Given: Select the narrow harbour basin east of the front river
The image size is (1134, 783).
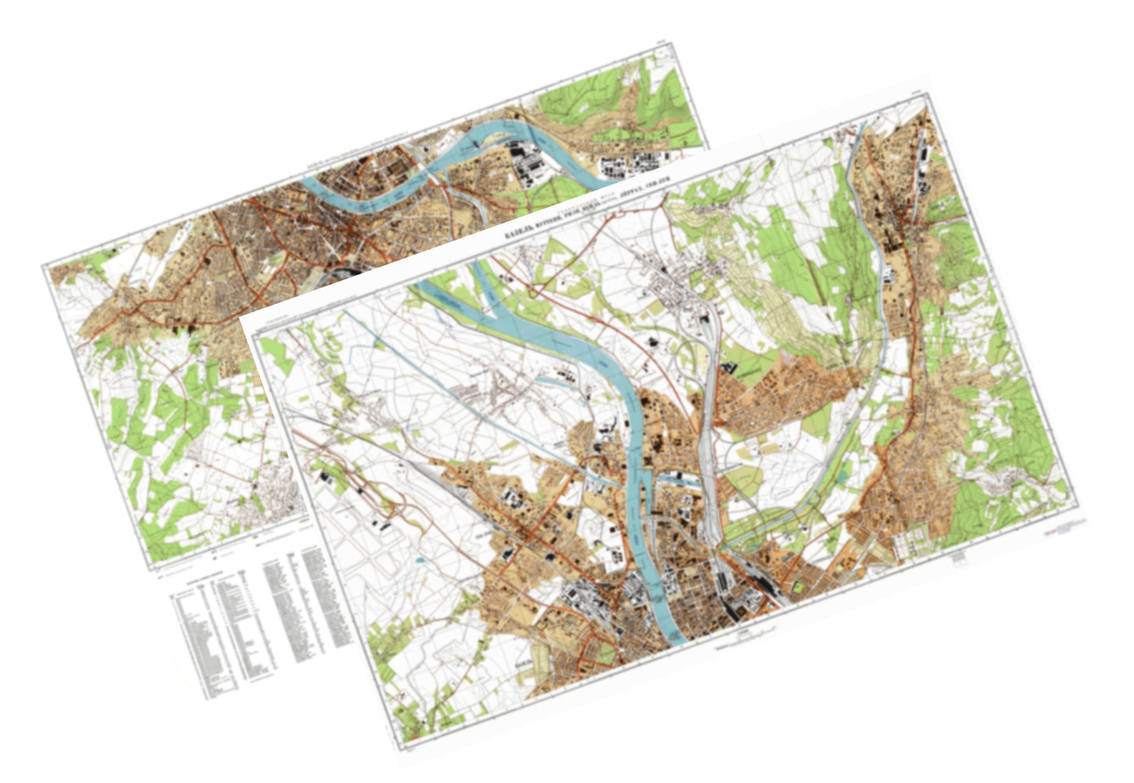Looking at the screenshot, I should (675, 477).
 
